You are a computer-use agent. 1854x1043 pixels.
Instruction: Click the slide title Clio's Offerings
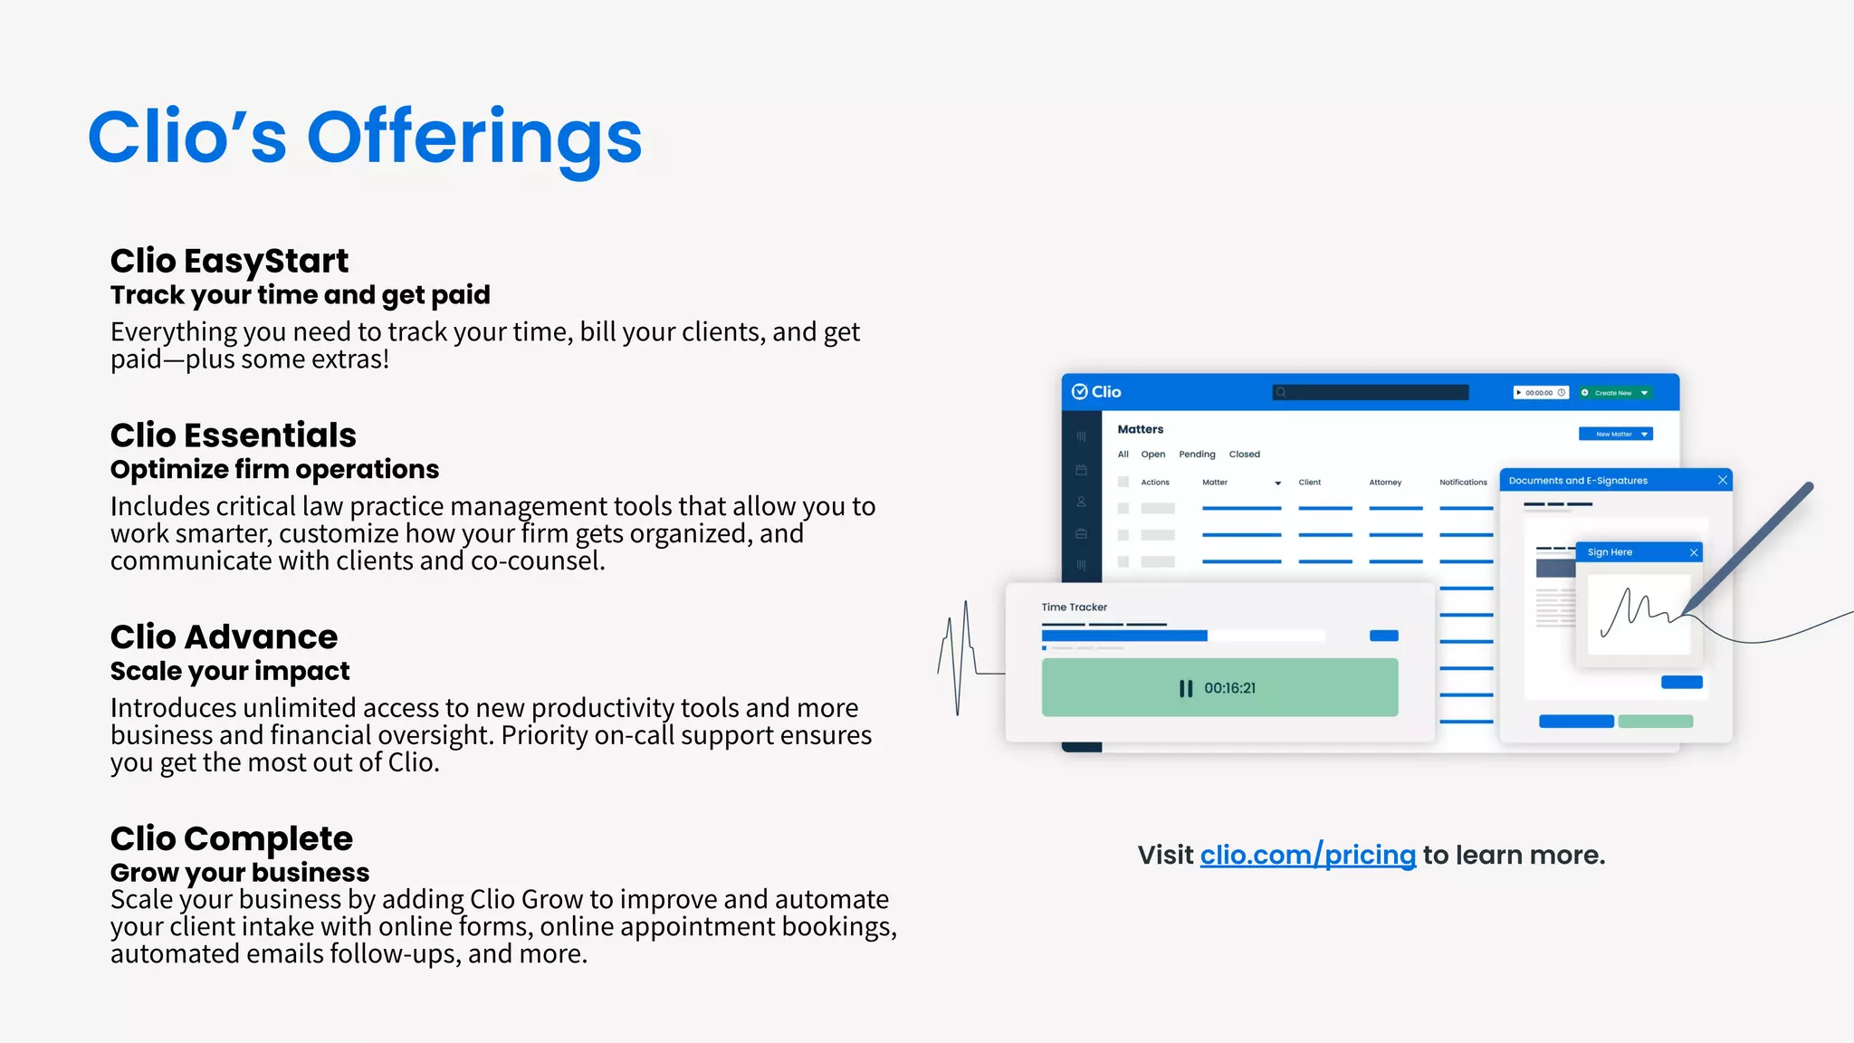click(365, 138)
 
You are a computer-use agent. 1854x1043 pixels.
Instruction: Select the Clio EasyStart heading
click(229, 261)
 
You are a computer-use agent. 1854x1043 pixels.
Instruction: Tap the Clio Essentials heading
click(233, 435)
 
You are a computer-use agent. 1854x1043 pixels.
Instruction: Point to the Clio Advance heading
click(224, 637)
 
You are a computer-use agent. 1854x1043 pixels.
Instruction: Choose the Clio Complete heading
click(231, 839)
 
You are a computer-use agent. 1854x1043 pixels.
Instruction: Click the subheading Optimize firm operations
click(274, 469)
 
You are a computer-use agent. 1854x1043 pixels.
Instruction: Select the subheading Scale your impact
click(229, 671)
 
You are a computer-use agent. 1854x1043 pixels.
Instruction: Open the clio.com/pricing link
click(1307, 855)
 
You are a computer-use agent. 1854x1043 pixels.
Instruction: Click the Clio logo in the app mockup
click(1096, 392)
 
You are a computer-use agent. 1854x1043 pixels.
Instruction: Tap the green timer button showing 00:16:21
click(1219, 688)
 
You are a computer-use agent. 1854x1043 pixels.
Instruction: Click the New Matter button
click(1615, 435)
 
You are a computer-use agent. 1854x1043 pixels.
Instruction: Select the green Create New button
click(1615, 393)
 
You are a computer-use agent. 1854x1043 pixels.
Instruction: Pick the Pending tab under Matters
click(1197, 455)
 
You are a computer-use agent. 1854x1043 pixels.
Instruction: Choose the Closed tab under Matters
click(1244, 455)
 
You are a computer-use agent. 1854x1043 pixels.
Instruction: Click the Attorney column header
click(1385, 483)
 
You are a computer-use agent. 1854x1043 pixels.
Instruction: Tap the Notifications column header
click(1463, 483)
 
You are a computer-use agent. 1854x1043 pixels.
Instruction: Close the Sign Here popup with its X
click(1694, 552)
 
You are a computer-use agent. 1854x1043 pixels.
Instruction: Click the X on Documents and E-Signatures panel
click(1723, 480)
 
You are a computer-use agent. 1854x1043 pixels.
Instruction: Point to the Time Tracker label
click(1074, 608)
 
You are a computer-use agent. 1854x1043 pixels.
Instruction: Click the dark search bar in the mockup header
click(1371, 392)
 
